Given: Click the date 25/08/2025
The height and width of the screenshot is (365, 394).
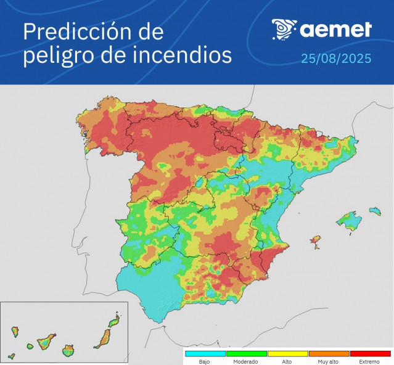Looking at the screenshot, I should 336,59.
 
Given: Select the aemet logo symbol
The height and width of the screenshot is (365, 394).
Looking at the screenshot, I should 284,28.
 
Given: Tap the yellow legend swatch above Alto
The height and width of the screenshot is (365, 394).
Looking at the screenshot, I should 287,354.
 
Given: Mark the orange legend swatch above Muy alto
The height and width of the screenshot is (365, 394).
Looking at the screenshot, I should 329,354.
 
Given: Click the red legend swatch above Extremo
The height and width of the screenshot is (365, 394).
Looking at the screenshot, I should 370,354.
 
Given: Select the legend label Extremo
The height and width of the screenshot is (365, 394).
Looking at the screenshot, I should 370,362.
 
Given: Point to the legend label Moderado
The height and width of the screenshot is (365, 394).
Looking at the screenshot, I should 245,362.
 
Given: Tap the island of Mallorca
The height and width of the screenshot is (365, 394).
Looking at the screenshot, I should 349,221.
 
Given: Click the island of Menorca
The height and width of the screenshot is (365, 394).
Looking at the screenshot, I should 374,211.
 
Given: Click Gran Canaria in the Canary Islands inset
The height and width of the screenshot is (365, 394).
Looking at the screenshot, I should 68,351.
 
